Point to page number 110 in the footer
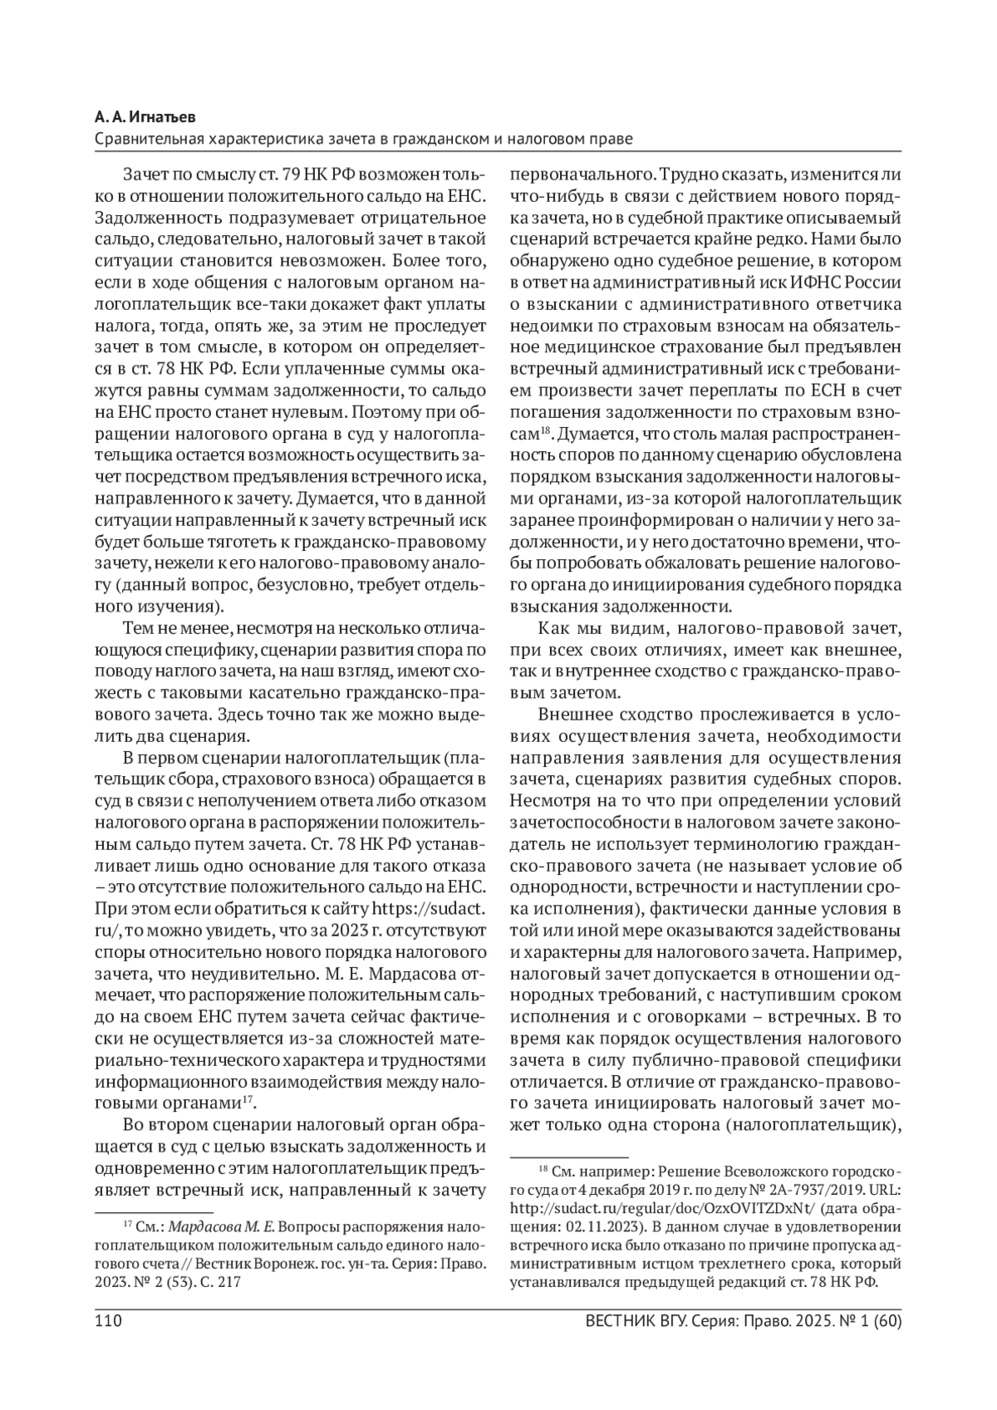[109, 1321]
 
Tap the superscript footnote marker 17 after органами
[247, 1101]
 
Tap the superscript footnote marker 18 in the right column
[545, 430]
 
